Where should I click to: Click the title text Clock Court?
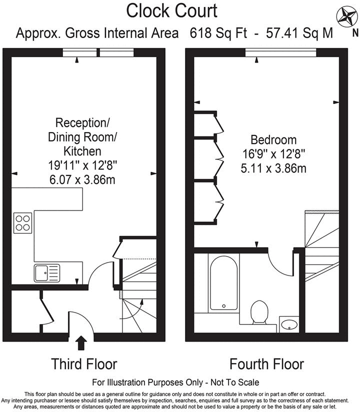[x=171, y=10]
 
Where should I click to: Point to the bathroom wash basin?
[x=289, y=324]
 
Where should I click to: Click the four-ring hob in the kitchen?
[x=22, y=222]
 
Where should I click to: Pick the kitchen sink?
[x=46, y=273]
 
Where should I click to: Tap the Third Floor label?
[x=83, y=363]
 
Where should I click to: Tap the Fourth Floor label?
[x=266, y=363]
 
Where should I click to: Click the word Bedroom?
[x=273, y=140]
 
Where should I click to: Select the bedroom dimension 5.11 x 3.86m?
[x=273, y=168]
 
